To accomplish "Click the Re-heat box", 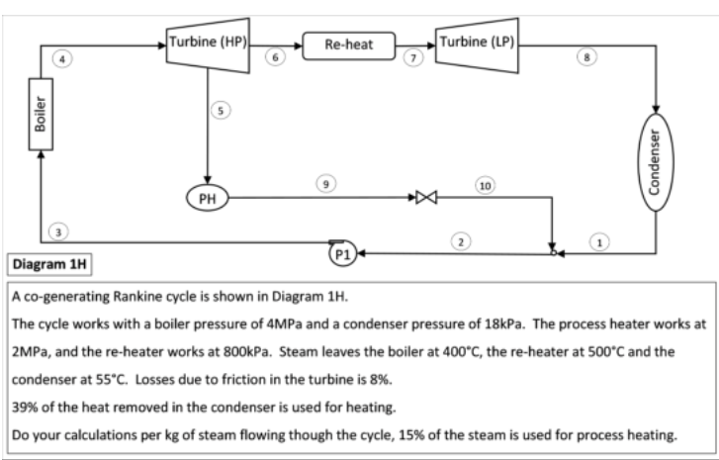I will [x=347, y=45].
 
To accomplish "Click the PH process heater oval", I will [x=207, y=198].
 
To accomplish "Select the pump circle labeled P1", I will [x=341, y=253].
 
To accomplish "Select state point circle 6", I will [x=279, y=59].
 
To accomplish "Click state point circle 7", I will [x=416, y=59].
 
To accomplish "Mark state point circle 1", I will [x=598, y=240].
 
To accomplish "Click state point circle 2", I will [x=460, y=240].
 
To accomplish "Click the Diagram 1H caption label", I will [x=50, y=264].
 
